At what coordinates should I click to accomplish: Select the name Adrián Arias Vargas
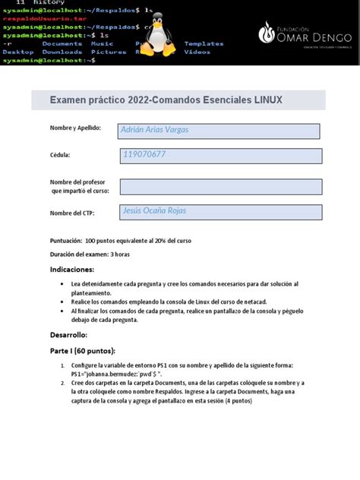point(154,130)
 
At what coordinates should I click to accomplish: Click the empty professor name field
point(220,187)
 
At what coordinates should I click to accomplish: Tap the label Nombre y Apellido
point(75,128)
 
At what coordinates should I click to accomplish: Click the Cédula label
point(60,155)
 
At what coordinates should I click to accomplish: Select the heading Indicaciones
point(72,270)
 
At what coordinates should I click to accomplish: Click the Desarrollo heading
point(69,335)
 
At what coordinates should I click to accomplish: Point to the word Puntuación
point(66,240)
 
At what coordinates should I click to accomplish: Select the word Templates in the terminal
point(204,44)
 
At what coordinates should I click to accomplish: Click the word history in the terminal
point(41,3)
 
